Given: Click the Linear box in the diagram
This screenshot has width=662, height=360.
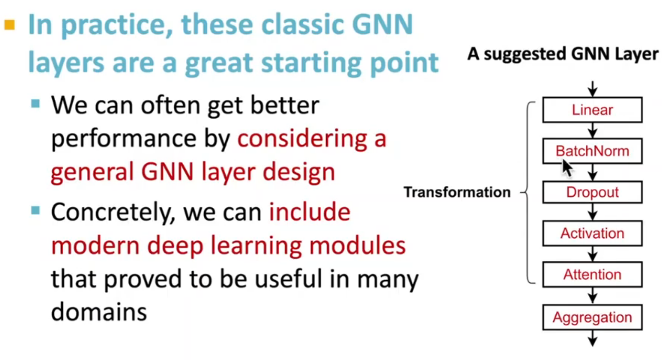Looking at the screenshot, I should (592, 110).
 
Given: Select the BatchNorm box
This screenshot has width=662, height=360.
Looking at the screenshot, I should (592, 151).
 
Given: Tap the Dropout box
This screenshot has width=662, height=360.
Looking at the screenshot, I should (592, 192).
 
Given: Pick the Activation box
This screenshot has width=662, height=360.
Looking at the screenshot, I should (592, 233).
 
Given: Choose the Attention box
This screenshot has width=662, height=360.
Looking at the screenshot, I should (592, 274).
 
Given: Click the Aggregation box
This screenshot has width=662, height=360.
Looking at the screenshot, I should (592, 317).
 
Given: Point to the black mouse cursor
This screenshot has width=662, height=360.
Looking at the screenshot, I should (566, 168).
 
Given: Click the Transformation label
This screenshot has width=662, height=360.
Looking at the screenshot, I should (457, 192).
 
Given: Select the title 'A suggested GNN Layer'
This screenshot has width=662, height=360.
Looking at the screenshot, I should (563, 54).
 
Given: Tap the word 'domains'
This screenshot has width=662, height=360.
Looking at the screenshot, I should (99, 312).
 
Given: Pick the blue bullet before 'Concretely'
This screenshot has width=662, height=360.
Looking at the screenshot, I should (36, 210).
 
